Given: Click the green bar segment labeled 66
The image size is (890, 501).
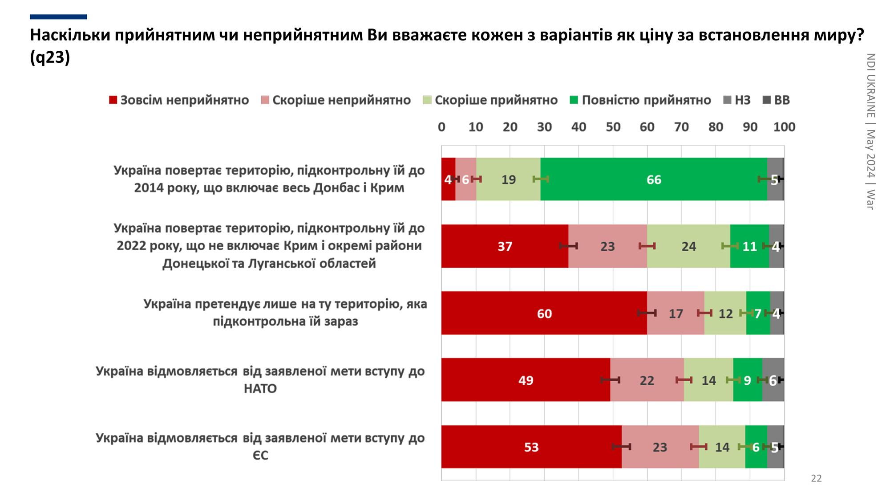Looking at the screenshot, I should pos(653,179).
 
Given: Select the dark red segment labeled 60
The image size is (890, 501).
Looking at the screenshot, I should pos(544,313).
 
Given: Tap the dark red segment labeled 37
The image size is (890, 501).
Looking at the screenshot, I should pos(505,246).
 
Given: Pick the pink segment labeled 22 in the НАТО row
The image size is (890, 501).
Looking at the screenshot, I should pos(647,380).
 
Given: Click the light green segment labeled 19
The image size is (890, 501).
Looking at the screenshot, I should pos(508,179).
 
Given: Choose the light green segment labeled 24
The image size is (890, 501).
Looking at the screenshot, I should pos(688,246).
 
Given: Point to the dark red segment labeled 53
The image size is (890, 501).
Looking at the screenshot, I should pos(531,447).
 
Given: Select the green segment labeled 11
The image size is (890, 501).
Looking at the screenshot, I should pos(749,246).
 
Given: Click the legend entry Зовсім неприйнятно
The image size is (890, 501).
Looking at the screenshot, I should pos(179,100).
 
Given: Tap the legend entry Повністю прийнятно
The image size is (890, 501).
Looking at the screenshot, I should pos(640,100).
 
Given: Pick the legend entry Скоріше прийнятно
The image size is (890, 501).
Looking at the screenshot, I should pos(490,100).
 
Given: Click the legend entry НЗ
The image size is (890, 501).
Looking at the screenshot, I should pos(737,100).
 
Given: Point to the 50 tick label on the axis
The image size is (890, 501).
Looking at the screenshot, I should pos(613,127).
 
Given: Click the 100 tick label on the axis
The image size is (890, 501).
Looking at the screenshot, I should pos(784,127).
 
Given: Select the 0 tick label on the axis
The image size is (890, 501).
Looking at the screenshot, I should pos(441,127).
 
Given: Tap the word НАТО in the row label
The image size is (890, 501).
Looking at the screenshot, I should pos(260,389).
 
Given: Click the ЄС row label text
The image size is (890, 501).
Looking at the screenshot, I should pos(260,456).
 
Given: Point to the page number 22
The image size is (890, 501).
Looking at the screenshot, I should pos(816,478).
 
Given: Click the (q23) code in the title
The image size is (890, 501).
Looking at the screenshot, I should pos(50,57).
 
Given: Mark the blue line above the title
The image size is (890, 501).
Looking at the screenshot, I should pos(58,17).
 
